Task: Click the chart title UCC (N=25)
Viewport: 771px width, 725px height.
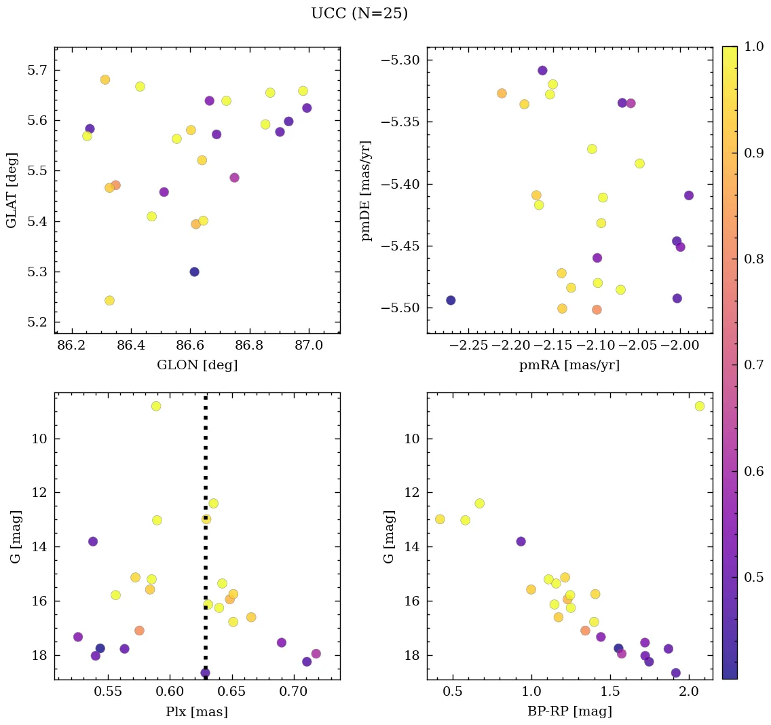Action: (359, 14)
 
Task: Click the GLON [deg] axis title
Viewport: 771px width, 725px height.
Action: (197, 365)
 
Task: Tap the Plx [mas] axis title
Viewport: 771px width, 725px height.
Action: (197, 711)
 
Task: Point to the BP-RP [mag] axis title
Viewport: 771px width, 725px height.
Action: (569, 711)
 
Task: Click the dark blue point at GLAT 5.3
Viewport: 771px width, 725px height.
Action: (194, 272)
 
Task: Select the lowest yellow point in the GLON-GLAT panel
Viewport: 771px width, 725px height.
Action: (109, 300)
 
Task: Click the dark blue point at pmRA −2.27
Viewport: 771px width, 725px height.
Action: (451, 300)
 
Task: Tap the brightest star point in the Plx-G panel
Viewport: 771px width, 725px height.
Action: (156, 406)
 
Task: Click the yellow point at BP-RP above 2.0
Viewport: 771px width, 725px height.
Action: (699, 406)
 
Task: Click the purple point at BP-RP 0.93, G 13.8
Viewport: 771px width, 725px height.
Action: (521, 541)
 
